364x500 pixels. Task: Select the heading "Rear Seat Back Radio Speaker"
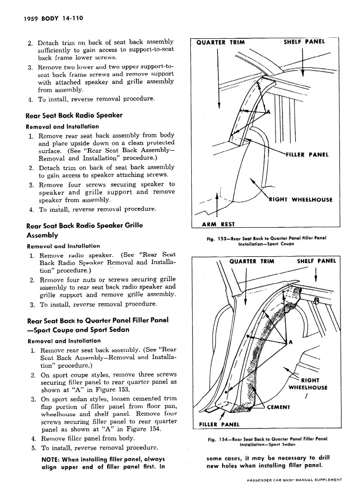[74, 115]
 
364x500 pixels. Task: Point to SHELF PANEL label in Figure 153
[304, 42]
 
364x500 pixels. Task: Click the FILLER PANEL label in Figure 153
[307, 154]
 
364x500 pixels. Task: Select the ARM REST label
[218, 224]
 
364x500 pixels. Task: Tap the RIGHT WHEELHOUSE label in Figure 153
[300, 200]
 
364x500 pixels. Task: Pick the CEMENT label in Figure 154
[278, 407]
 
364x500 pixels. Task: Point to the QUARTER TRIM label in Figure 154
[252, 261]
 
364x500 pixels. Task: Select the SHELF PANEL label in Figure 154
[317, 261]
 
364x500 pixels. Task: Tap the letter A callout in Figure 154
[290, 342]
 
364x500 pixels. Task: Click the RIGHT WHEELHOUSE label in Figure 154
[307, 384]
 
